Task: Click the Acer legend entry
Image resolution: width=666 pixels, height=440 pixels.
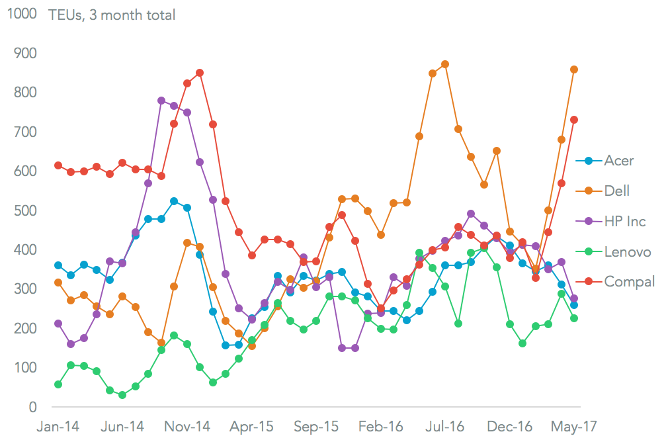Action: (618, 161)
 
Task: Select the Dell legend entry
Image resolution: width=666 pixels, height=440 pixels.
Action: (617, 191)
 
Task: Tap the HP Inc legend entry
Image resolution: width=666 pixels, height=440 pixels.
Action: (624, 221)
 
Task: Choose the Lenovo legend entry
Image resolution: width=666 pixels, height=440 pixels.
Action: (628, 251)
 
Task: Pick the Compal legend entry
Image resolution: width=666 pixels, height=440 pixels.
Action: (629, 282)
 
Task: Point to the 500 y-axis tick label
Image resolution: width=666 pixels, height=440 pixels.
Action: (24, 210)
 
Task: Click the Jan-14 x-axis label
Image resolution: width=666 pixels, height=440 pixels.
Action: (58, 425)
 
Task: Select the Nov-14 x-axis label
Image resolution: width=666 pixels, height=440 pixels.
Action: (187, 425)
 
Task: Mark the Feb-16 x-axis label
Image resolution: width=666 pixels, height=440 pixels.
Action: (381, 425)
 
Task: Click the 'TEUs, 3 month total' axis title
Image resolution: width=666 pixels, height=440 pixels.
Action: (112, 15)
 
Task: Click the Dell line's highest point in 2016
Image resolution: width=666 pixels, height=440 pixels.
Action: (445, 64)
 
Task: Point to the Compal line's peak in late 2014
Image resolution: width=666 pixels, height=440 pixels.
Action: (200, 73)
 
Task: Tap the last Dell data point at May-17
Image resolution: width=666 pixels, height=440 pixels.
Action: (574, 69)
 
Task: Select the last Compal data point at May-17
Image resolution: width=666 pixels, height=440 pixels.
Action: (574, 120)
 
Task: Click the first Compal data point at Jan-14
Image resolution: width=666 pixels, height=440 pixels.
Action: (58, 165)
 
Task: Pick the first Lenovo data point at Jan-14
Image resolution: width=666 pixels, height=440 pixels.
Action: (58, 384)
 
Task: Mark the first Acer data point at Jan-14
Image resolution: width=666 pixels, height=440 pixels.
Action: (58, 265)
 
